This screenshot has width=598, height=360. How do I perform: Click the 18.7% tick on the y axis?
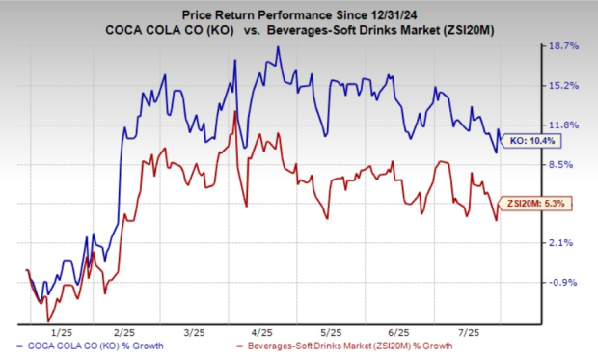563,45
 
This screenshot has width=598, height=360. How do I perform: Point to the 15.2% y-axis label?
563,85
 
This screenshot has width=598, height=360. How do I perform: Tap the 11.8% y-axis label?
563,125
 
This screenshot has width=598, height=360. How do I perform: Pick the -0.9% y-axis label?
562,282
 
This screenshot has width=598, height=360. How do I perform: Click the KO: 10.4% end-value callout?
530,141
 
